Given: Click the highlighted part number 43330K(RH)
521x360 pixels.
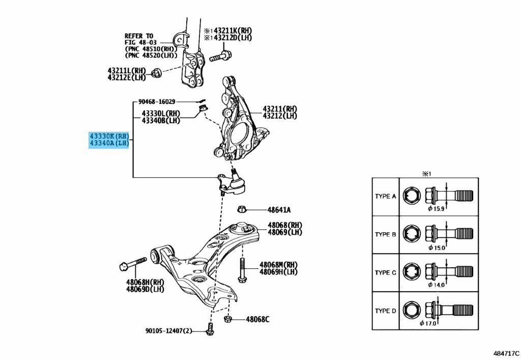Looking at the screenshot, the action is (109, 136).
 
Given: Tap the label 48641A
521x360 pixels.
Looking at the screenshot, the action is (279, 210).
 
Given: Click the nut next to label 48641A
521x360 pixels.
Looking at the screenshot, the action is (242, 209).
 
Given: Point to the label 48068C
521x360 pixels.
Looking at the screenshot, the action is (257, 319).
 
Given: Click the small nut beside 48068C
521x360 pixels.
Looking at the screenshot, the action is (228, 319).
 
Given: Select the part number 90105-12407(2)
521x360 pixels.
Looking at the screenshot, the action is (169, 331).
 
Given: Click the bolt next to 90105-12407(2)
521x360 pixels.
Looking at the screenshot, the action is (209, 329).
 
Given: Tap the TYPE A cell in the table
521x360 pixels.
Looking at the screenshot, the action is (386, 197).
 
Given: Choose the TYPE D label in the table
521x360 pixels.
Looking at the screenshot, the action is (386, 311).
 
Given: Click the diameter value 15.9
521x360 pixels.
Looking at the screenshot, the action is (439, 209).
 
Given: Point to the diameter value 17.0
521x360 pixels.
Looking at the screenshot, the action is (430, 323).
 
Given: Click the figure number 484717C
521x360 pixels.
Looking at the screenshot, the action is (506, 353).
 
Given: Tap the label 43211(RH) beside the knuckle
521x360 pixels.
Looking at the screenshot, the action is (280, 108).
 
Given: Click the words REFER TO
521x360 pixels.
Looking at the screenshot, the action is (139, 36).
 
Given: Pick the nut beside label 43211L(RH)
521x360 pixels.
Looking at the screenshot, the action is (156, 73).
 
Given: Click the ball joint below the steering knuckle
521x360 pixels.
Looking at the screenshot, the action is (231, 182).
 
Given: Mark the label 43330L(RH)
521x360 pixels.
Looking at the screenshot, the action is (161, 114).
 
